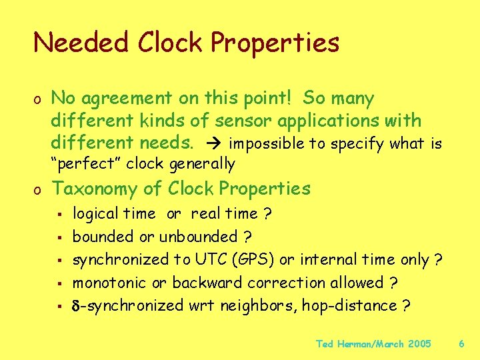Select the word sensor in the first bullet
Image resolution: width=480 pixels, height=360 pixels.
pyautogui.click(x=243, y=121)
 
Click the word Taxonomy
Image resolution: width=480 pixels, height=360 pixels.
pyautogui.click(x=105, y=189)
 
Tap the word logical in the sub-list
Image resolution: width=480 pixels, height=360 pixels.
pyautogui.click(x=93, y=213)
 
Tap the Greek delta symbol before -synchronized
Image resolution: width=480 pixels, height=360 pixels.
pyautogui.click(x=77, y=305)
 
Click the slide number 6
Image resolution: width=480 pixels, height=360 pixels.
pyautogui.click(x=462, y=344)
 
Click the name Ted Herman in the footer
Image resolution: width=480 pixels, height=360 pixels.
pyautogui.click(x=340, y=344)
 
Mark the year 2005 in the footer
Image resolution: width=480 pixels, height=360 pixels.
pyautogui.click(x=418, y=344)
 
